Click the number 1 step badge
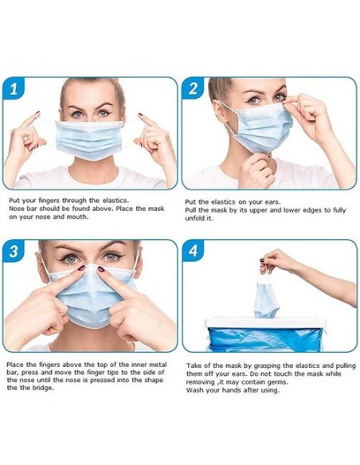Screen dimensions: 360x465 point(14,88)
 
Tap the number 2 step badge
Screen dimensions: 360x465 point(193,88)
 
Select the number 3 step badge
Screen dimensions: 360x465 point(14,251)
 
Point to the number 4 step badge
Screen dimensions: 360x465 point(193,251)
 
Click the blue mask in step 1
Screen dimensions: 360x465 point(89,139)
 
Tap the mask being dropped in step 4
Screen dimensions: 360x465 point(266,298)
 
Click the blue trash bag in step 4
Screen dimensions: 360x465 point(265,339)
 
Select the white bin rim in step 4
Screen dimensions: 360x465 point(265,322)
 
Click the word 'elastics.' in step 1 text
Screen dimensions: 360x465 point(115,201)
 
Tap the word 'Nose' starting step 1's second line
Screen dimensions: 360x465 point(16,209)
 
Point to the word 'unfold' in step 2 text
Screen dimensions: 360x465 point(194,218)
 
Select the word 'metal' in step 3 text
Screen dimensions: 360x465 point(159,365)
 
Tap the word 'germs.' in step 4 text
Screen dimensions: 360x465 point(279,382)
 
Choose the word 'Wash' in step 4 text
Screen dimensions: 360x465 point(194,390)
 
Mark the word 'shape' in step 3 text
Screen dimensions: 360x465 point(154,381)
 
